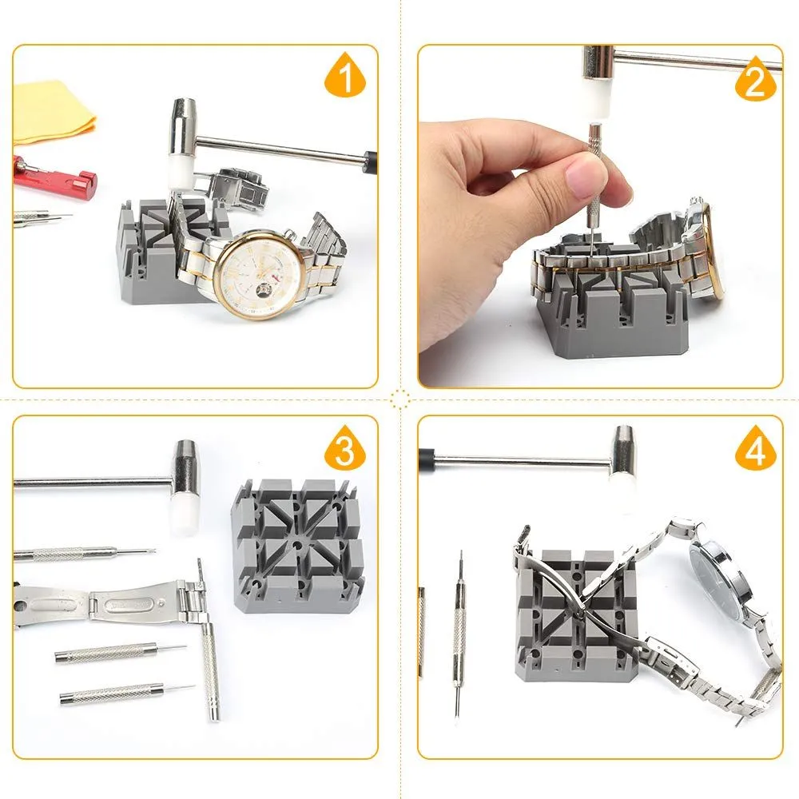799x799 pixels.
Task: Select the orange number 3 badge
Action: tap(345, 447)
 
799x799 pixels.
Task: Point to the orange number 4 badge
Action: tap(756, 448)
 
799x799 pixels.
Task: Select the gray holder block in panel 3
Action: tap(298, 546)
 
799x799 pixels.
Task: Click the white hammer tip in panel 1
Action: tap(179, 173)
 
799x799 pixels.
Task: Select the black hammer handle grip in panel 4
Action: tap(426, 456)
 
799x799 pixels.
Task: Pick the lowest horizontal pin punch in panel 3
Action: tap(127, 694)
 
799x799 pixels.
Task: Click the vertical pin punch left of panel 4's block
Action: tap(459, 634)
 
